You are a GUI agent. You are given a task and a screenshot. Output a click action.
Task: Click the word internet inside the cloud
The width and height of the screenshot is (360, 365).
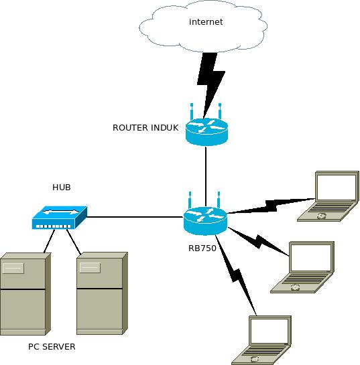click(x=206, y=22)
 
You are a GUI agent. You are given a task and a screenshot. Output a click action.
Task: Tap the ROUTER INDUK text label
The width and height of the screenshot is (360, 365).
click(x=145, y=127)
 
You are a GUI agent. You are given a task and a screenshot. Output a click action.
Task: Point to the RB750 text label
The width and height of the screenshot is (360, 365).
click(x=202, y=246)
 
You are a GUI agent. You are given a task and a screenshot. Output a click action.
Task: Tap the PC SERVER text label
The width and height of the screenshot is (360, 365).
click(x=52, y=347)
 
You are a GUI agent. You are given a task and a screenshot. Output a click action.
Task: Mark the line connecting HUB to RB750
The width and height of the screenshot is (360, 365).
click(x=134, y=217)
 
